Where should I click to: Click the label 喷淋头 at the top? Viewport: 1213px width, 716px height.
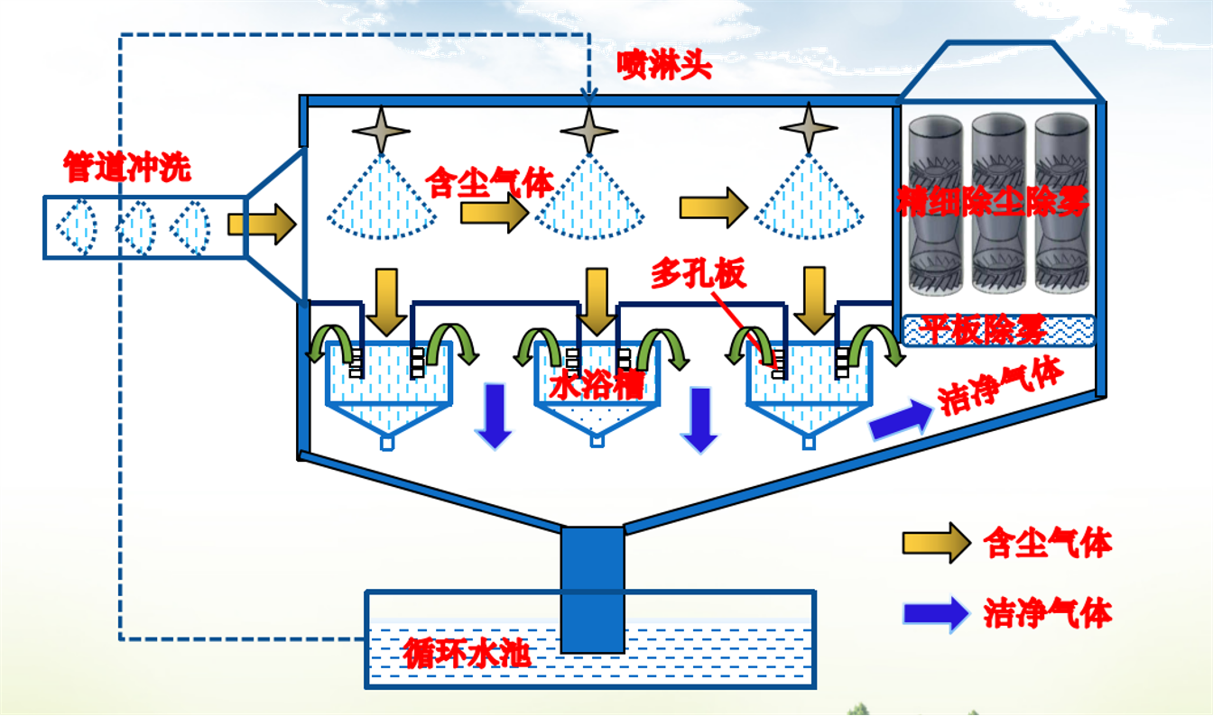pos(664,65)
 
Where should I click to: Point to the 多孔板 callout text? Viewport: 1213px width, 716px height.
pos(699,274)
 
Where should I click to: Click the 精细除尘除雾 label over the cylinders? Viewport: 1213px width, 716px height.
pos(993,201)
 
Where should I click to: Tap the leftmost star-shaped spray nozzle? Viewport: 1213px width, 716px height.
pos(381,130)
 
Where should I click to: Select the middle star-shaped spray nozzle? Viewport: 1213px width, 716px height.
pos(588,130)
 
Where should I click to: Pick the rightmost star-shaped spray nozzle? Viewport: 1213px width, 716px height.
pos(809,129)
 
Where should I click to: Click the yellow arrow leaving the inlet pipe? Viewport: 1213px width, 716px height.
pos(261,223)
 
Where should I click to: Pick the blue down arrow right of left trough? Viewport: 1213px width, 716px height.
pos(494,415)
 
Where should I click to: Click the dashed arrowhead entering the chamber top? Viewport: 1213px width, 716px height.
pos(588,91)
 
